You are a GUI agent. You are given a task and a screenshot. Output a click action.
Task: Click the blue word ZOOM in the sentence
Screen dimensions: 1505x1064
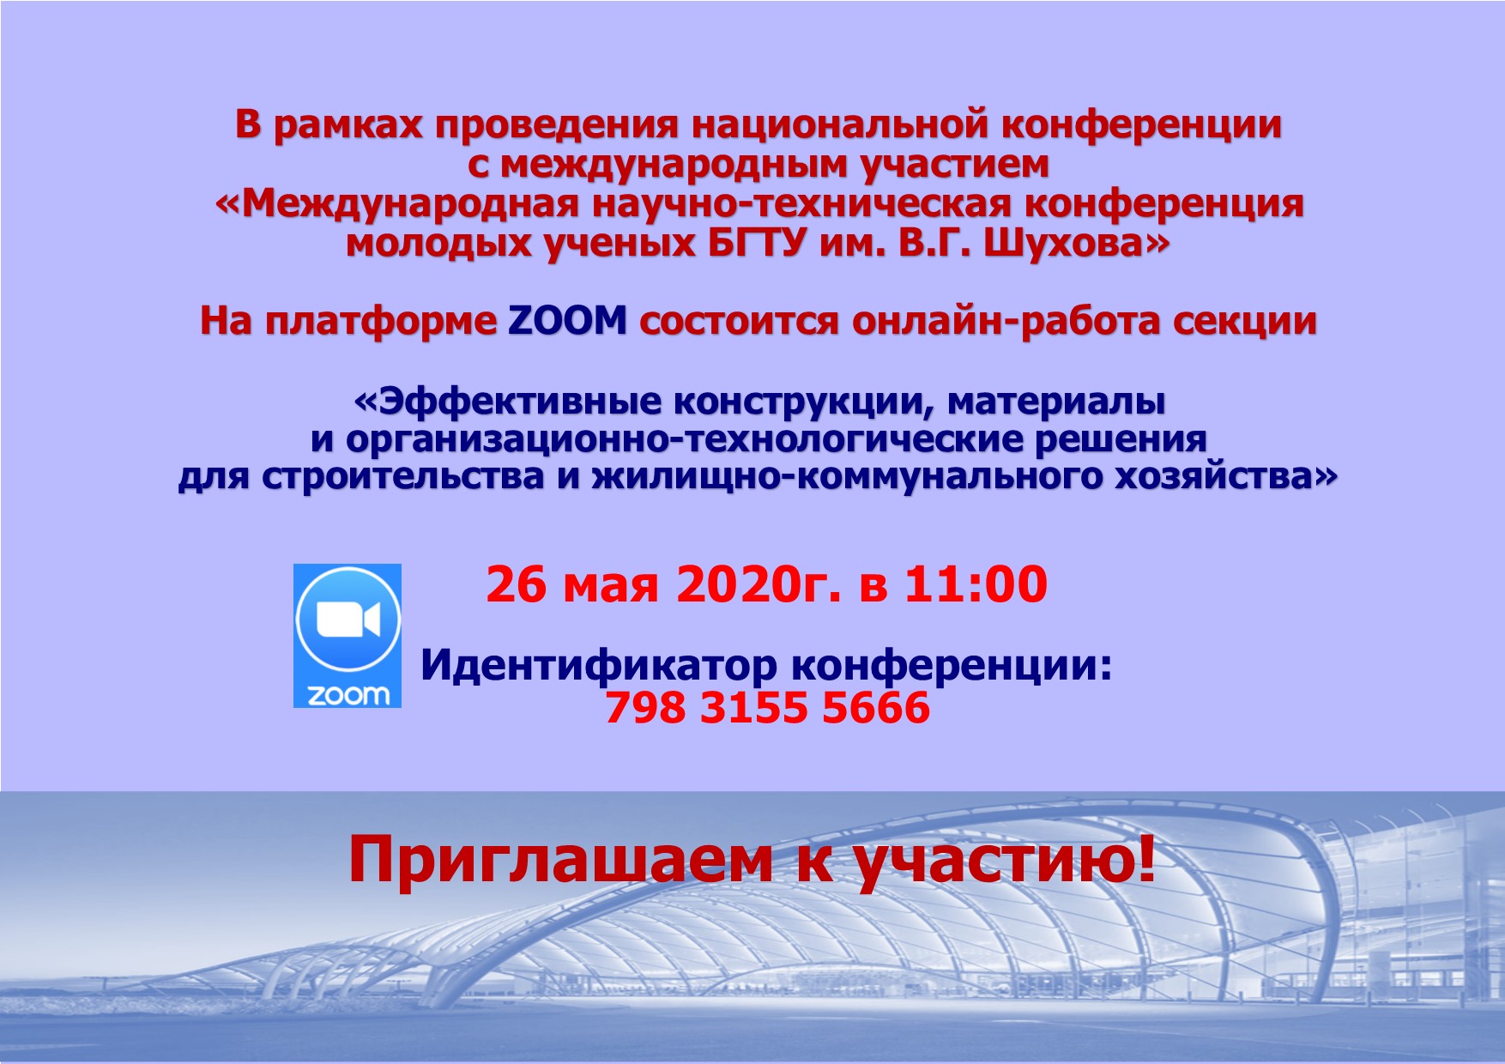(567, 320)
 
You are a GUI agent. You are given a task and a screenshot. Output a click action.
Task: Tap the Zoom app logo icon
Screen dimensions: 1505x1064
(348, 636)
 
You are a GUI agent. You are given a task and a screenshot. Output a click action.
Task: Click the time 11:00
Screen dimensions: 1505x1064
(976, 584)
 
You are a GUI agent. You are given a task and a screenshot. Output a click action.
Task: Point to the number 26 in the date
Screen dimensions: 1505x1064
(516, 584)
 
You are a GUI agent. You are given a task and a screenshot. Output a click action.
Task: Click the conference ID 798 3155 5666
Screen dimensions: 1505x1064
(768, 708)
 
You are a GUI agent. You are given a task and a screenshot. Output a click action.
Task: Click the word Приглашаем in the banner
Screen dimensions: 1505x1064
(560, 861)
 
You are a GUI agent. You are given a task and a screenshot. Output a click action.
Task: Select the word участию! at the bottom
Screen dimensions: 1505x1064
(1006, 861)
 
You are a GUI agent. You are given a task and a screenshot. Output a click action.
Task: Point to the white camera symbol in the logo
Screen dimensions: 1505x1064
(348, 620)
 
